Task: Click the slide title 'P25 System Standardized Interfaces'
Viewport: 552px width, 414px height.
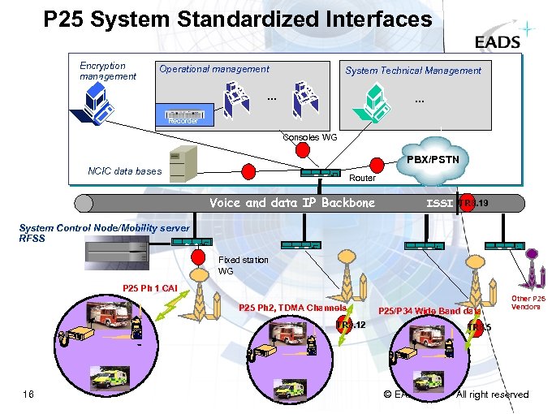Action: pos(238,19)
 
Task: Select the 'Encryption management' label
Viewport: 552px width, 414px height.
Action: pos(108,71)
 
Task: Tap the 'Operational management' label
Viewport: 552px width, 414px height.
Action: pos(214,69)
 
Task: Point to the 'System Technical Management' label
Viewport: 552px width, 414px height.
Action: pos(413,71)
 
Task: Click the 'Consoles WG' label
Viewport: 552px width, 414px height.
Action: pos(309,137)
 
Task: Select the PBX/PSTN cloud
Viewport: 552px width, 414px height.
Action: pos(433,160)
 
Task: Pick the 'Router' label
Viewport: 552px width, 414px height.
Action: pos(362,177)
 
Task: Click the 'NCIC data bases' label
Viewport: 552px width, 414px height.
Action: pos(124,170)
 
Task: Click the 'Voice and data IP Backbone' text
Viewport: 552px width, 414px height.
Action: pos(292,202)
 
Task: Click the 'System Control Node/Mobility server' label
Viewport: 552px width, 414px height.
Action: pos(104,228)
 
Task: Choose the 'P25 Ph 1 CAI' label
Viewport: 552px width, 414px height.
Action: pos(149,288)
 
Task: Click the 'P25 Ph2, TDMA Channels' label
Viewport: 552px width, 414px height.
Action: pos(292,307)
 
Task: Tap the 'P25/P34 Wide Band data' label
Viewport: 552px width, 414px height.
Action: pos(429,311)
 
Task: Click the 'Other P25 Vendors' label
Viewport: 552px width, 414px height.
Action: pos(528,302)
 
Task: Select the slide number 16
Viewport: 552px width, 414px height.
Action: pos(28,395)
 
